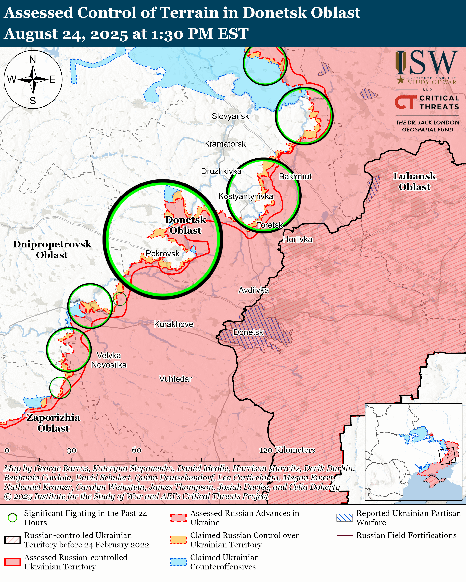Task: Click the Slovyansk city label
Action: point(230,116)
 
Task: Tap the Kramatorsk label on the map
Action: point(225,144)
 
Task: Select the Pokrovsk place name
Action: point(162,253)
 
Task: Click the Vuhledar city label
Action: point(175,379)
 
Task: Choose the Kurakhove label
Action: point(173,324)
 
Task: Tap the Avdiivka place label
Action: point(253,290)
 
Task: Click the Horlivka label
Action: point(298,239)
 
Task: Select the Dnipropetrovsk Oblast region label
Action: point(52,250)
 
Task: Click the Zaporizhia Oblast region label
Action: point(53,423)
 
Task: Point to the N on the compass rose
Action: point(32,59)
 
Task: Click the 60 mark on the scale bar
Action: point(136,450)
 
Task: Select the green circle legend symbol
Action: point(12,518)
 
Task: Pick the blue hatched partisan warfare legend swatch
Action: point(344,518)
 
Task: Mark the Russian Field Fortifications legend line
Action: point(344,535)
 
